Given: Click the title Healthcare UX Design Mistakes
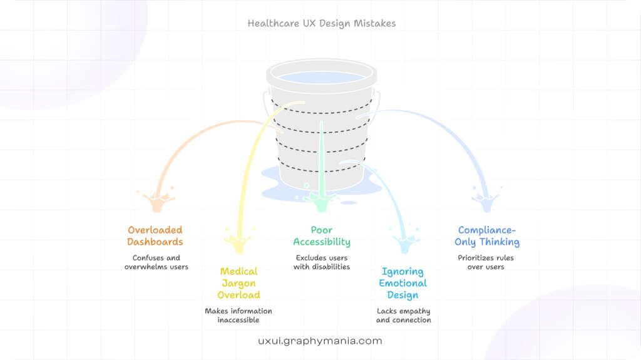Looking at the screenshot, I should (321, 24).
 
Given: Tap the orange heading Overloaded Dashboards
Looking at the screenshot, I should (155, 236).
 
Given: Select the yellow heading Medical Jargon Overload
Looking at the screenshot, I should (238, 283).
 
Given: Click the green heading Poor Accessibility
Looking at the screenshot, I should (322, 236).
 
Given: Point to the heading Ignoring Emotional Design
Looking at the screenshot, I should (403, 283).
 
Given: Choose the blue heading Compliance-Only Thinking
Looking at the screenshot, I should (487, 236).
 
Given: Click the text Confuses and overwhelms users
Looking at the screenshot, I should (156, 262).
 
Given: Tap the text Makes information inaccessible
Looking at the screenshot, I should (238, 316).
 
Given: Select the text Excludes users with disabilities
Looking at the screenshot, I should (322, 262).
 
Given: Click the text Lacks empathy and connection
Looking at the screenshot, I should (403, 316).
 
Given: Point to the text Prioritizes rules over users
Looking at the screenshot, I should (486, 262).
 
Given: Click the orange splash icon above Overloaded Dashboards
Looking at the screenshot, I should (158, 200).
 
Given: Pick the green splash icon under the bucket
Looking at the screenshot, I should (320, 200).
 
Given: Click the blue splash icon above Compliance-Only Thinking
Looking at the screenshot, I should (486, 200).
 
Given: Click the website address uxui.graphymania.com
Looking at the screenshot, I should (320, 341).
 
